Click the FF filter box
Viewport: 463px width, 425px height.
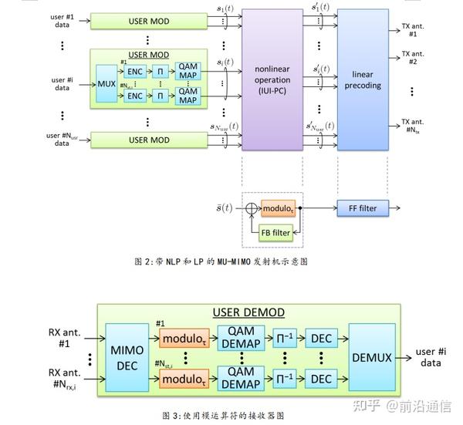point(362,208)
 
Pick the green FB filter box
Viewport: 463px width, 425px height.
point(275,231)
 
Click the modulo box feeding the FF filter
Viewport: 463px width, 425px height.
point(277,209)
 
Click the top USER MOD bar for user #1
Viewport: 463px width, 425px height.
point(149,21)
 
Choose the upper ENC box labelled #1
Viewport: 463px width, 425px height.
point(136,72)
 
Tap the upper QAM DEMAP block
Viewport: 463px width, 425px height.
point(242,336)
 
